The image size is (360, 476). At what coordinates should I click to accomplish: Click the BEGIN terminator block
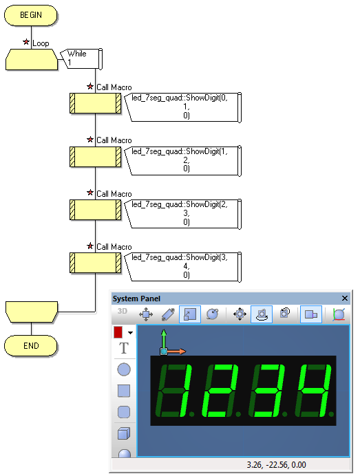[31, 15]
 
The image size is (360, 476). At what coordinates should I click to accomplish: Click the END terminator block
[31, 345]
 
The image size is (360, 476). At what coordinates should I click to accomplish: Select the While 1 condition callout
[81, 58]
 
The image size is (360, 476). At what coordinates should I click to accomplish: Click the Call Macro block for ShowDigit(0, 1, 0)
[96, 103]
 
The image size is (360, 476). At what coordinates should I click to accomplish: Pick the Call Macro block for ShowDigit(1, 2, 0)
[96, 157]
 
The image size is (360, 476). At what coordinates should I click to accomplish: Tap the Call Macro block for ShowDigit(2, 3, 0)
[96, 210]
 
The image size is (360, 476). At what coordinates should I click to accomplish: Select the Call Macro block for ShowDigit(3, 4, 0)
[96, 263]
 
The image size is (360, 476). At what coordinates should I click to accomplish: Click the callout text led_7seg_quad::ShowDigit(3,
[180, 257]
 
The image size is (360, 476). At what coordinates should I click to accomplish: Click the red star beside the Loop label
[26, 42]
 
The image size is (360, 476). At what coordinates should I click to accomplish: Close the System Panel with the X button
[344, 299]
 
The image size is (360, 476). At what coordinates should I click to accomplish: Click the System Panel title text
[136, 299]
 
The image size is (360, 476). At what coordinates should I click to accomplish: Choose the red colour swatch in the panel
[118, 332]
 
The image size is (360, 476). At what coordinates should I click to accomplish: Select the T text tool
[124, 348]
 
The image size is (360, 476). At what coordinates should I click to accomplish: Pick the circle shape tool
[124, 369]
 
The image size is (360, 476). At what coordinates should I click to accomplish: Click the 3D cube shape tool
[124, 433]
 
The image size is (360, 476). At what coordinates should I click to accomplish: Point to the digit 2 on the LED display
[219, 391]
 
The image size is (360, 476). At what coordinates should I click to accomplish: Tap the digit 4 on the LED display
[313, 391]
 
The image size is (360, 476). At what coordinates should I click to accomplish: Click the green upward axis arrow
[164, 340]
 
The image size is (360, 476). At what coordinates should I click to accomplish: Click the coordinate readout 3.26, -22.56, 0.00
[276, 465]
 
